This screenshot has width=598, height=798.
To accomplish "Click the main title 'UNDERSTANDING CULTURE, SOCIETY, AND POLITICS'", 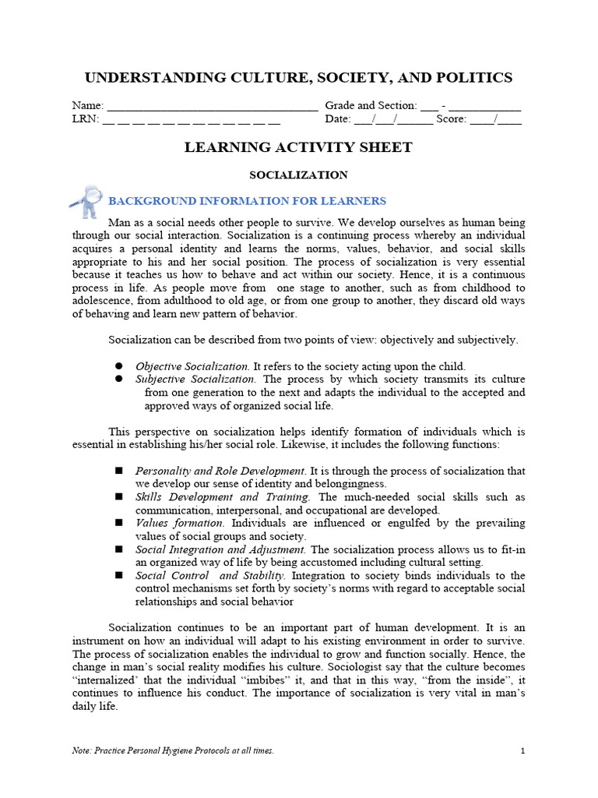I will (x=298, y=77).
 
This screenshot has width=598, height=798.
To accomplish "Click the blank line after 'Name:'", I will (x=211, y=106).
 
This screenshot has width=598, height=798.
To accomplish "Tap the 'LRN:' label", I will (x=85, y=119).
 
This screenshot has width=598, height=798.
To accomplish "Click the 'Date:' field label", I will (x=338, y=119).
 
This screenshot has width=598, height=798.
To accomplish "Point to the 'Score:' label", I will (x=451, y=119).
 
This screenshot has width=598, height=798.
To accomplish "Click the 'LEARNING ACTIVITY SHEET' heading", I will (x=298, y=147).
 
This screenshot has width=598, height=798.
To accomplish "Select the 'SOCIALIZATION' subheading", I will (x=298, y=175).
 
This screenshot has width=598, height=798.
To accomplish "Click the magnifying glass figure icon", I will (x=86, y=200).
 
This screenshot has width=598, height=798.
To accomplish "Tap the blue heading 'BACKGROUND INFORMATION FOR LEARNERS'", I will (x=247, y=201).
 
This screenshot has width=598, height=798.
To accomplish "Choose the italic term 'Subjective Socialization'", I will (x=195, y=380).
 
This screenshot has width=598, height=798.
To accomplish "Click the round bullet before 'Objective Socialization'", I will (x=120, y=366).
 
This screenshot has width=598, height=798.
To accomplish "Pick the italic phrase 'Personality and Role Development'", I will (x=220, y=471).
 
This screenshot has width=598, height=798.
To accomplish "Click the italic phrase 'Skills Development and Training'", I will (x=223, y=497).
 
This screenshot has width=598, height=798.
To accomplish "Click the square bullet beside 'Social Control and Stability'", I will (x=120, y=576).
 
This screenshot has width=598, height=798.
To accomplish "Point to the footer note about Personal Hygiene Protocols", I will (x=173, y=750).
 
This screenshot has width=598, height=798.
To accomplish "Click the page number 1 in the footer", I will (x=522, y=750).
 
